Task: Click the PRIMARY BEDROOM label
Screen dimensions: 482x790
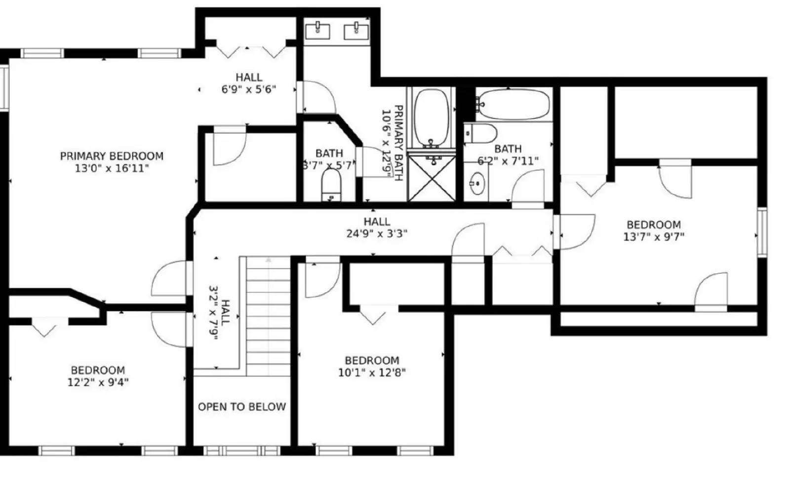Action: [x=112, y=156]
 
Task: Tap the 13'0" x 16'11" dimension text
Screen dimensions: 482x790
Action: [x=112, y=168]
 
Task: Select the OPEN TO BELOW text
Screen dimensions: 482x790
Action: [x=242, y=407]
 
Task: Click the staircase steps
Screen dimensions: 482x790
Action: [x=269, y=316]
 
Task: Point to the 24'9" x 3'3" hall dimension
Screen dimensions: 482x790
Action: [x=377, y=233]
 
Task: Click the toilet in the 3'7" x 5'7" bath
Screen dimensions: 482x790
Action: [x=331, y=185]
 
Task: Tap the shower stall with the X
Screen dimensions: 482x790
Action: [x=433, y=178]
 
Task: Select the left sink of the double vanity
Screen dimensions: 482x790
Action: [x=317, y=31]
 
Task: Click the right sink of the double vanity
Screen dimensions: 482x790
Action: [x=356, y=31]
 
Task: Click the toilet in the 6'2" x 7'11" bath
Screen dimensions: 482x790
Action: [x=481, y=133]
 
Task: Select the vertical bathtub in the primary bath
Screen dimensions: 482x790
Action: [x=432, y=117]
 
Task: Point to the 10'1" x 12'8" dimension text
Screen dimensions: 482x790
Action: [x=372, y=372]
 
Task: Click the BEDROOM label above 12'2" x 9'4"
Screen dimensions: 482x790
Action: [x=98, y=370]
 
